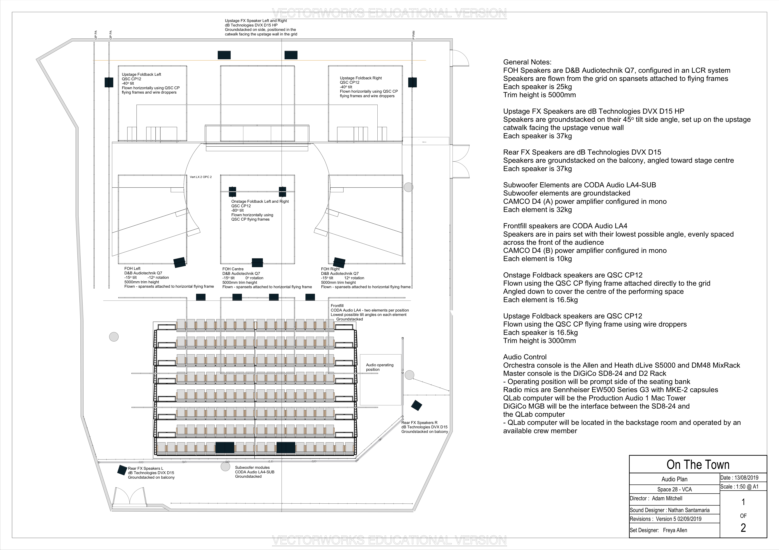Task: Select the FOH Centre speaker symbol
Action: coord(257,262)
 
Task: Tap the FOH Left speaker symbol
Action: coord(179,262)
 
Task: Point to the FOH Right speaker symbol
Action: coord(339,262)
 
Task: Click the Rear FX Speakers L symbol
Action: coord(122,470)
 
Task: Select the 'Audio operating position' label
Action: coord(379,367)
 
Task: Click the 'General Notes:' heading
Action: coord(527,62)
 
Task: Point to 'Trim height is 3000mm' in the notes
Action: coord(539,341)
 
